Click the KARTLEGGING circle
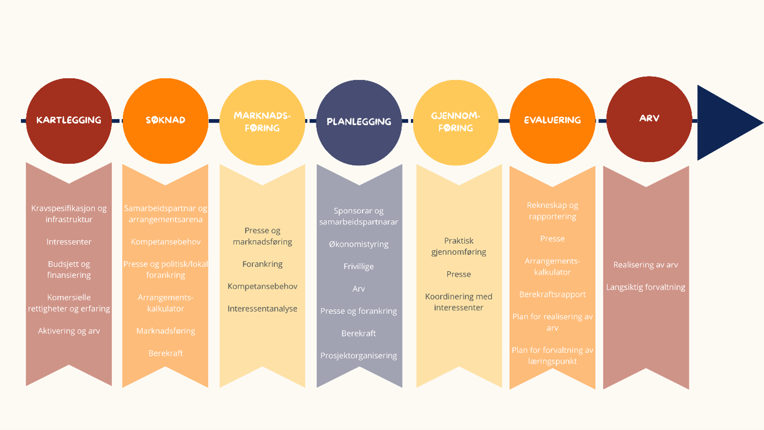69,121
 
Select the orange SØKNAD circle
165,121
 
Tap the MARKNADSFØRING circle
262,122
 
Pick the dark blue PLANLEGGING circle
359,122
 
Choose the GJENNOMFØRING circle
456,122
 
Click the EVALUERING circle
552,121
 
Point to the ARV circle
649,119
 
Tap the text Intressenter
69,241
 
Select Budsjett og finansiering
69,270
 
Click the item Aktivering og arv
69,331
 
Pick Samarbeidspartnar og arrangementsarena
165,214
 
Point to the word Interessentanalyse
262,309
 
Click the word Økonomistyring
359,244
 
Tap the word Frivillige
359,266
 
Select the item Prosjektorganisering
359,356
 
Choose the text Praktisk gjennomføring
459,246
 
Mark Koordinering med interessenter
459,302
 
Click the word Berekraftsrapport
552,294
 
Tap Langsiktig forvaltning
645,287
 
